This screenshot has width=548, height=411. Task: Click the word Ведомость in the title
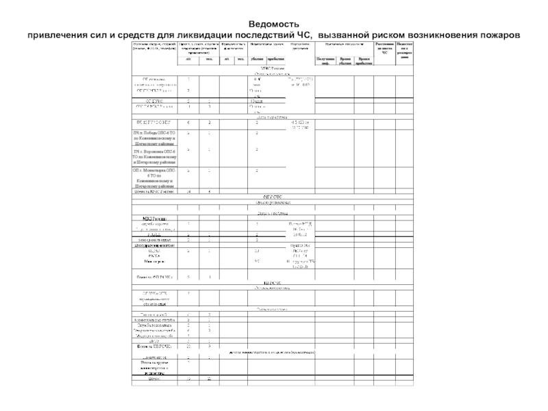[x=273, y=24]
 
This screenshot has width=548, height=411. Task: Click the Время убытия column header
[x=346, y=62]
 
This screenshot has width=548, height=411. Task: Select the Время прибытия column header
[x=366, y=62]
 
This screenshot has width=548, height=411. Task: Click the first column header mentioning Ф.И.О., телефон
[x=154, y=47]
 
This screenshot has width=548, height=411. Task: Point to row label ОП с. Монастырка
[x=154, y=177]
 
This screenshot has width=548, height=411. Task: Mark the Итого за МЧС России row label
[x=154, y=192]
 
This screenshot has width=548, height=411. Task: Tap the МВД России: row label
[x=154, y=219]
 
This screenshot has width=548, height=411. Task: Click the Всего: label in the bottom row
[x=154, y=378]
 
